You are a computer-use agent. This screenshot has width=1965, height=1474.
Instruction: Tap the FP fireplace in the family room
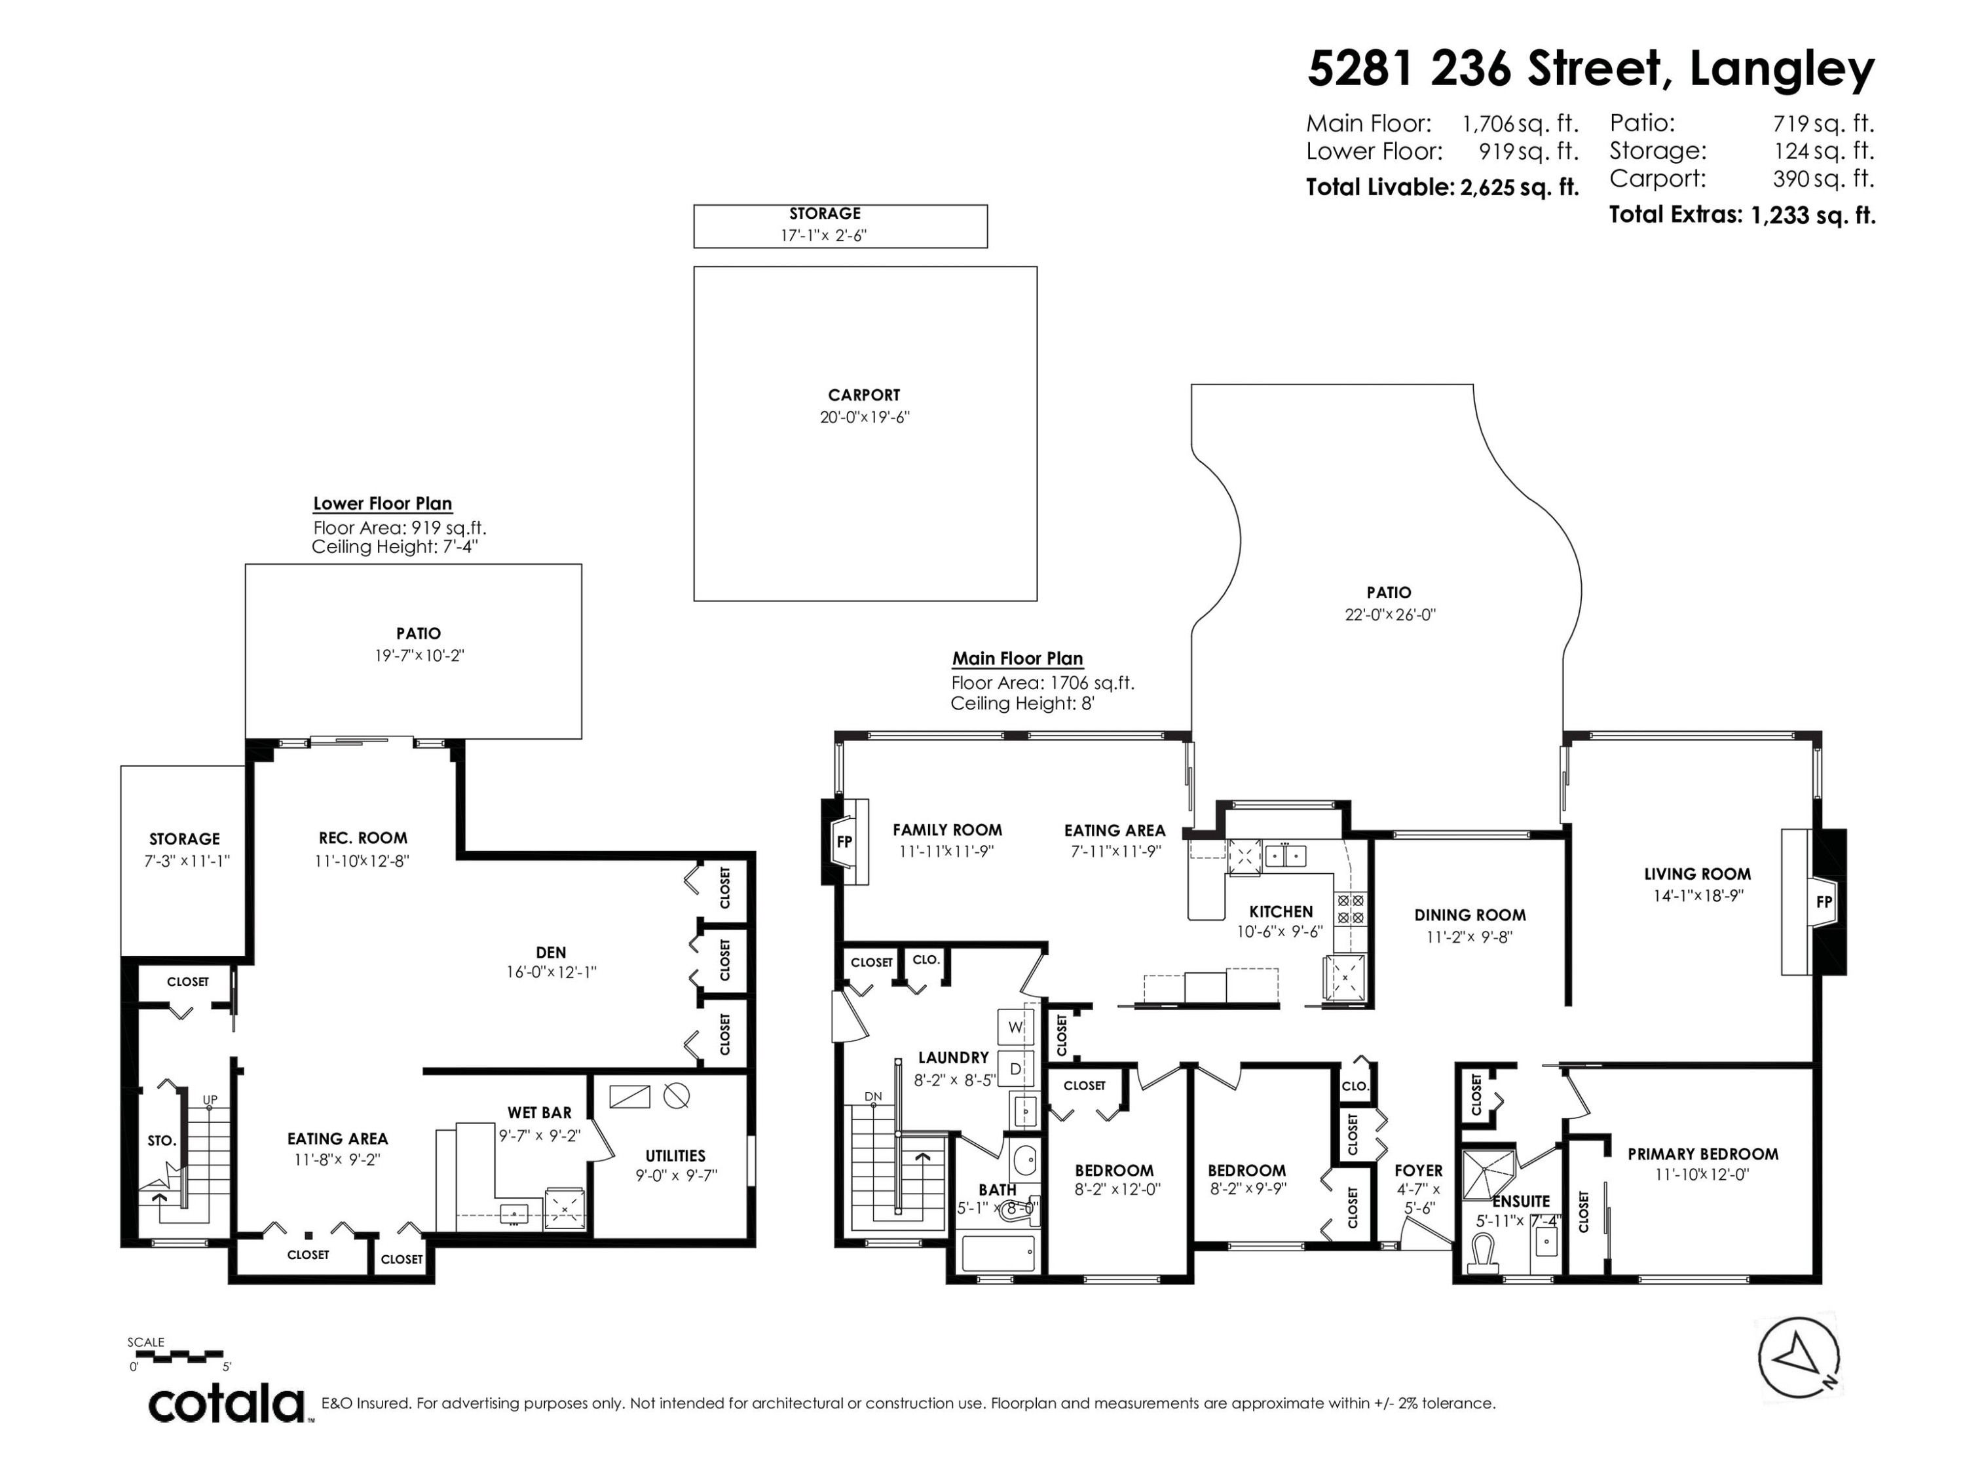pyautogui.click(x=844, y=841)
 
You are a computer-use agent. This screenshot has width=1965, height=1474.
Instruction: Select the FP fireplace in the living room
pyautogui.click(x=1824, y=902)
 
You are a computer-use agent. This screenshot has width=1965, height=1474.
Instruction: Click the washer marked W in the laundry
pyautogui.click(x=1015, y=1028)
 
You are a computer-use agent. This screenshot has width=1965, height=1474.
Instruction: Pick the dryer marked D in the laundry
pyautogui.click(x=1015, y=1070)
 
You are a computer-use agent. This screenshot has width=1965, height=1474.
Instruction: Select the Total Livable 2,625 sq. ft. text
pyautogui.click(x=1441, y=187)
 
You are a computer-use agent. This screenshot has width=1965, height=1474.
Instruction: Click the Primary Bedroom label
pyautogui.click(x=1702, y=1154)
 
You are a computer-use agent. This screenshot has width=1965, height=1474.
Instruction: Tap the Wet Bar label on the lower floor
pyautogui.click(x=539, y=1112)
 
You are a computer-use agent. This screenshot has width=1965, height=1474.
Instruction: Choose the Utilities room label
pyautogui.click(x=675, y=1156)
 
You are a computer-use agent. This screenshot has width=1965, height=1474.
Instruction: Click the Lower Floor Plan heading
pyautogui.click(x=382, y=504)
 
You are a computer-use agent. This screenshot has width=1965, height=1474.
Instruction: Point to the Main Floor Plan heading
pyautogui.click(x=1017, y=659)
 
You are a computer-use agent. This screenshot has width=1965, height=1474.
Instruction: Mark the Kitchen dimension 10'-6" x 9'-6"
pyautogui.click(x=1280, y=932)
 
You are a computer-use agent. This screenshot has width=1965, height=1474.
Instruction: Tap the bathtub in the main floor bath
pyautogui.click(x=998, y=1255)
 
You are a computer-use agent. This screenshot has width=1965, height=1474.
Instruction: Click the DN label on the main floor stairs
pyautogui.click(x=873, y=1097)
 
